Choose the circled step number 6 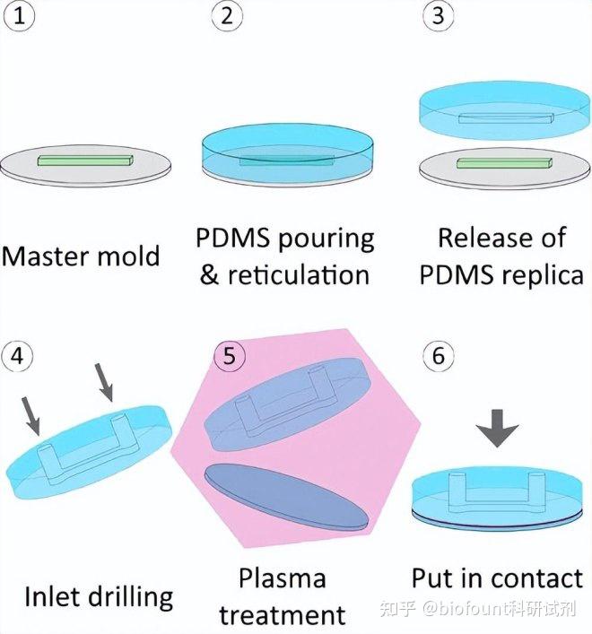(x=438, y=356)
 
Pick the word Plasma (x=283, y=578)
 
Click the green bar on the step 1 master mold (x=85, y=161)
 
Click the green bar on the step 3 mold (x=501, y=162)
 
